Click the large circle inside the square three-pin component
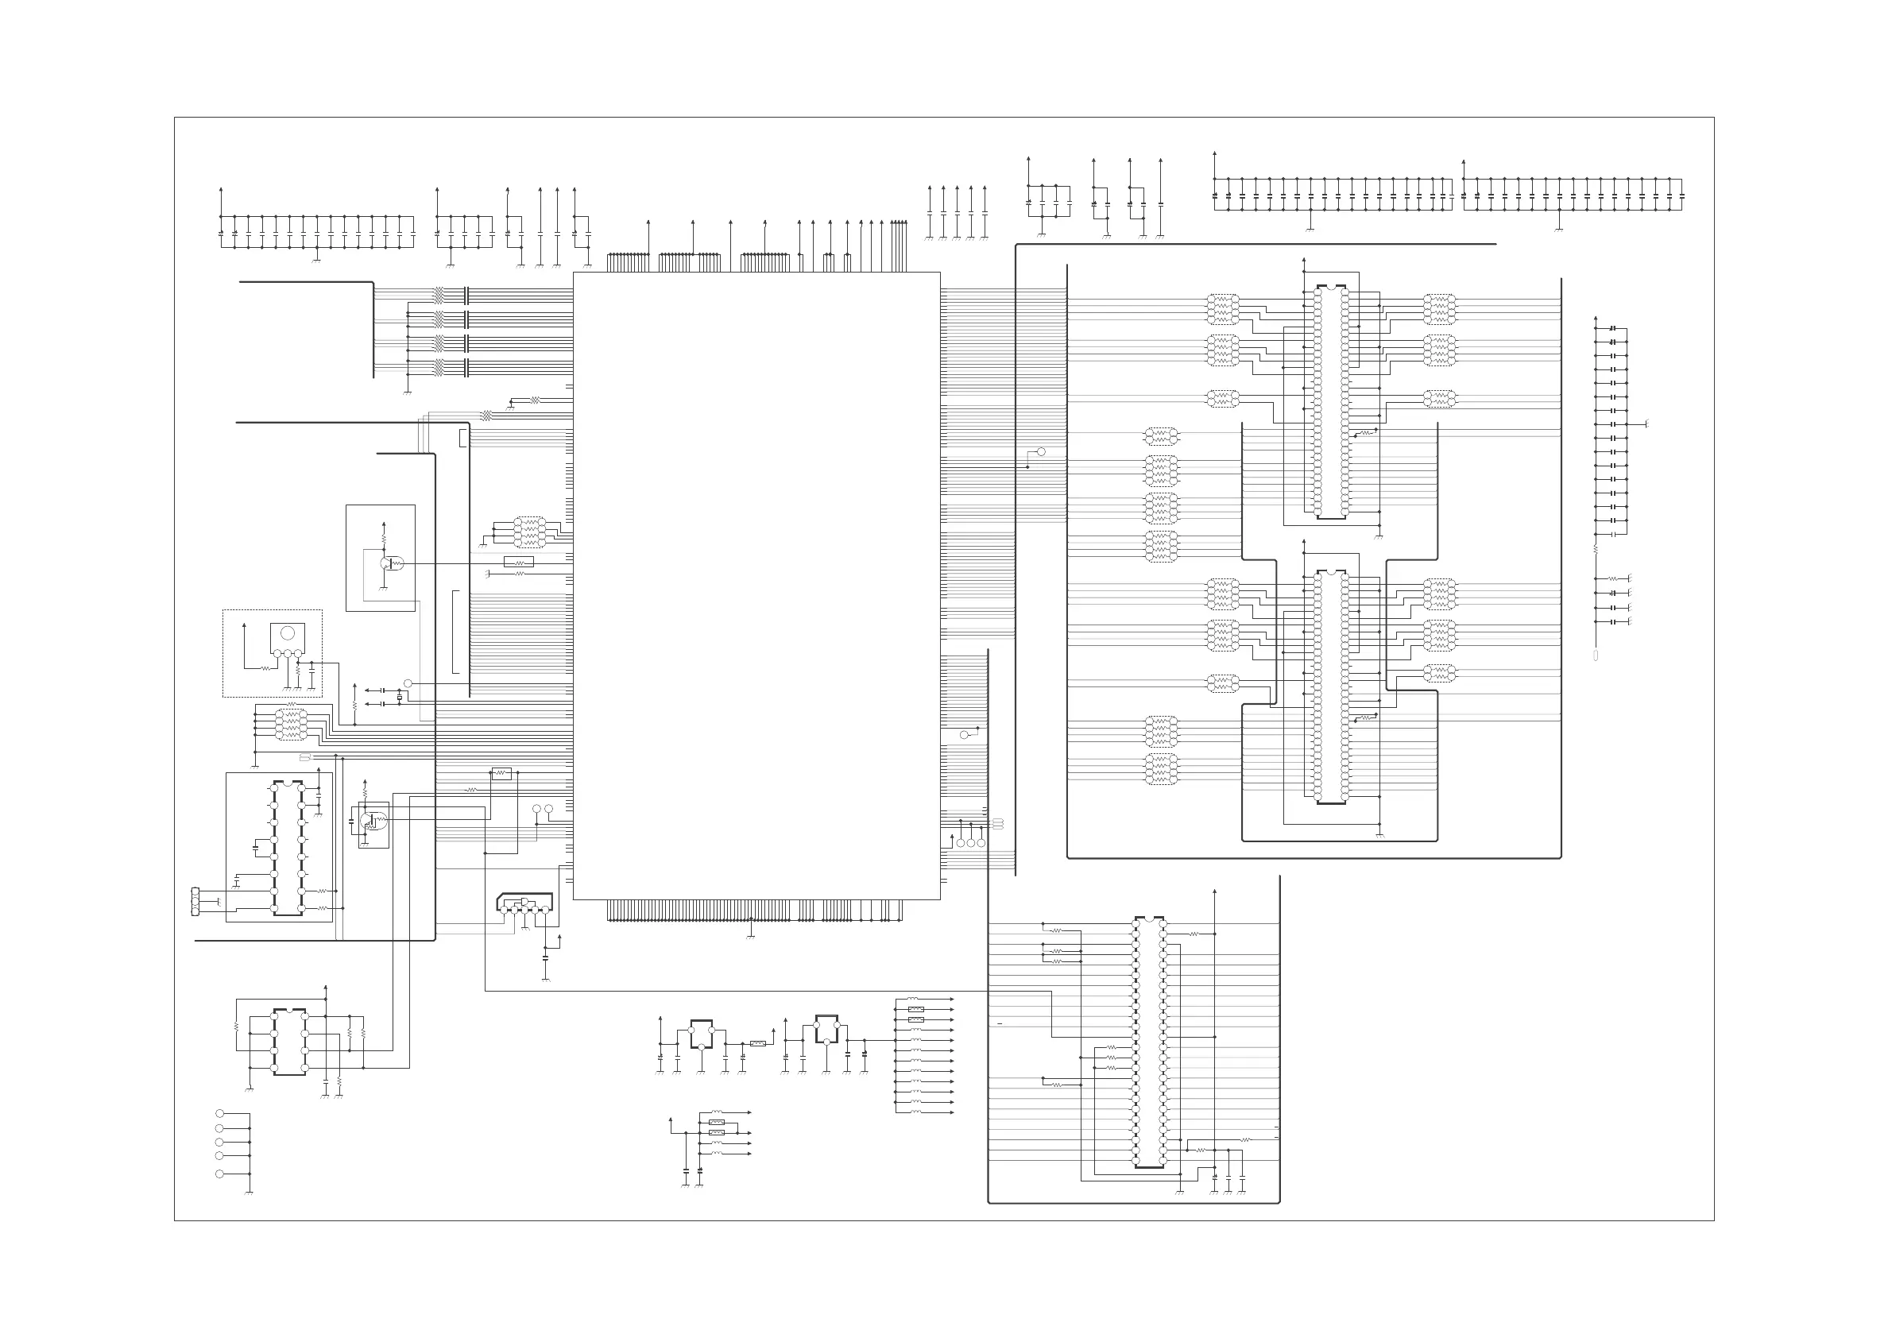pyautogui.click(x=288, y=632)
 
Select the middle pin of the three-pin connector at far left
pyautogui.click(x=195, y=901)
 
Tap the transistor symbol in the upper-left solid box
pyautogui.click(x=386, y=563)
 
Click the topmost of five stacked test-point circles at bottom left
pyautogui.click(x=219, y=1114)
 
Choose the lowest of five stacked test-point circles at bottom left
pyautogui.click(x=219, y=1174)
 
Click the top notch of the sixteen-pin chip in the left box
pyautogui.click(x=288, y=783)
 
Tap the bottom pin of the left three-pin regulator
pyautogui.click(x=700, y=1047)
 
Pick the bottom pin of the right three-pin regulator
pyautogui.click(x=826, y=1042)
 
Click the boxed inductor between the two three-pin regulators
pyautogui.click(x=758, y=1043)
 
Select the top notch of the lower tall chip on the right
pyautogui.click(x=1331, y=571)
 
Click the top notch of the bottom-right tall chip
pyautogui.click(x=1150, y=918)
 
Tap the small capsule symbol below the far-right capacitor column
pyautogui.click(x=1596, y=656)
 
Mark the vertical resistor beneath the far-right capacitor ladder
pyautogui.click(x=1596, y=548)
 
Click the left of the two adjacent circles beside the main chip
pyautogui.click(x=537, y=809)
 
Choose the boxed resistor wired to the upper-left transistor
pyautogui.click(x=518, y=562)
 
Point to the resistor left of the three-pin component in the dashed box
pyautogui.click(x=265, y=668)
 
